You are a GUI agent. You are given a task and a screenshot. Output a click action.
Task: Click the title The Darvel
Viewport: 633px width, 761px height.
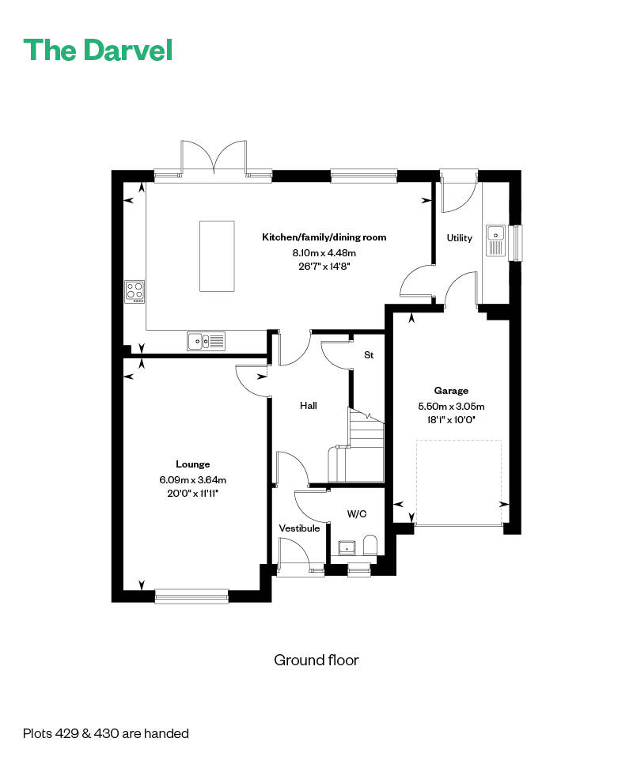(x=97, y=50)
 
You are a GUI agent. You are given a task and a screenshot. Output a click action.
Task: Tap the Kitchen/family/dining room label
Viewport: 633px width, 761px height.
(x=324, y=237)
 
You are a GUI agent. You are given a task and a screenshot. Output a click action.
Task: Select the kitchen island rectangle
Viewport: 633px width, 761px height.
(x=217, y=256)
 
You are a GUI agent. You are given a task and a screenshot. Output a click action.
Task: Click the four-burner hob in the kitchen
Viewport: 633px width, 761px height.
(x=135, y=292)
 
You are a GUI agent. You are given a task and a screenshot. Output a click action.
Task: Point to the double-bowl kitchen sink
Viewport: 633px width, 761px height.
(x=207, y=341)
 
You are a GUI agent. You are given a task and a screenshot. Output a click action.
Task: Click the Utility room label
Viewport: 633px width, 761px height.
(x=459, y=238)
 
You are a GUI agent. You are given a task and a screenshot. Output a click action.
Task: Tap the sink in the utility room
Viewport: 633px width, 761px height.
(x=495, y=240)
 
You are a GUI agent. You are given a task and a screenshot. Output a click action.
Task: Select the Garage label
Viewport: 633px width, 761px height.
(x=451, y=391)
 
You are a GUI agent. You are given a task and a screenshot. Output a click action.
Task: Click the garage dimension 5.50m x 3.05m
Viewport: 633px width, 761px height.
(x=451, y=407)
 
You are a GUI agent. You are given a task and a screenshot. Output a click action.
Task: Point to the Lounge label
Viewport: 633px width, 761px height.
(x=193, y=464)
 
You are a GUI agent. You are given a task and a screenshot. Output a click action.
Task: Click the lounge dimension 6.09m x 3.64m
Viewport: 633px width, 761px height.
(x=193, y=480)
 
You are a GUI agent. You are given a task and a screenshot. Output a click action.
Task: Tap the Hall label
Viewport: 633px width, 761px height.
(x=309, y=406)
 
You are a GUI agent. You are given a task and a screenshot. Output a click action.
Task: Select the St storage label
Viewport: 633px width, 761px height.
(x=369, y=355)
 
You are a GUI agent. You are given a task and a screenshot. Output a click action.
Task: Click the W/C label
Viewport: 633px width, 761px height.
(x=357, y=514)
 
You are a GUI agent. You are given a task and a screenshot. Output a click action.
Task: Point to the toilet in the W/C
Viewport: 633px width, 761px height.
(x=370, y=546)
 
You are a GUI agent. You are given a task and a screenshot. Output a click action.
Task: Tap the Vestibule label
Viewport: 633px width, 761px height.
(x=300, y=528)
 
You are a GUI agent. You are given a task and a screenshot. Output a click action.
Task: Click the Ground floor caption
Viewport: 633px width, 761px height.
(x=316, y=660)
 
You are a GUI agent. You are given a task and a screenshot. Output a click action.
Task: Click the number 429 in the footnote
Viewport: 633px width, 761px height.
(x=67, y=733)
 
